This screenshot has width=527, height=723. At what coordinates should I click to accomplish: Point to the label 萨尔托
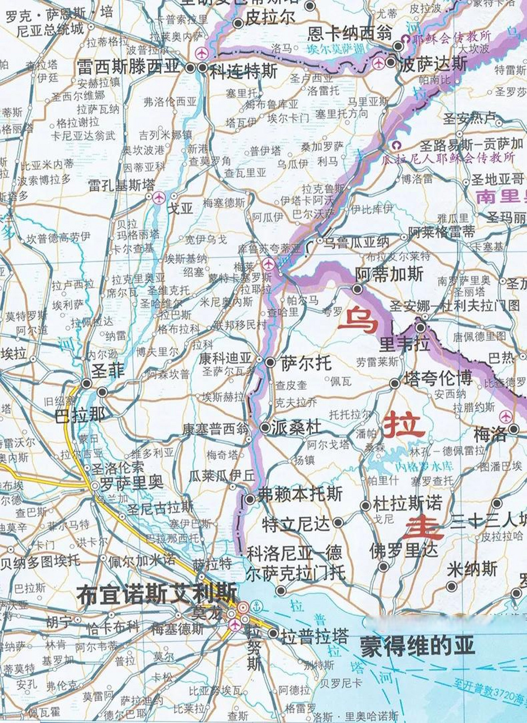click(306, 363)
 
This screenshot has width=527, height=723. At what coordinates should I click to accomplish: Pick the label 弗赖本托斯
click(300, 494)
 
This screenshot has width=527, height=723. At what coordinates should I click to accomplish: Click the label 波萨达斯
click(433, 64)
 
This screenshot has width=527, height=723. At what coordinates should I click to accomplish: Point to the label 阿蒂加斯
click(389, 275)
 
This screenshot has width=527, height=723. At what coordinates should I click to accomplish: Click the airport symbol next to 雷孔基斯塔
click(159, 198)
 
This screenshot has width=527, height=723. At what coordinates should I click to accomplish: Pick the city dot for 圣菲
click(86, 384)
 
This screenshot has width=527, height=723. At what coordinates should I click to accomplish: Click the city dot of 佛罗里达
click(384, 566)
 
